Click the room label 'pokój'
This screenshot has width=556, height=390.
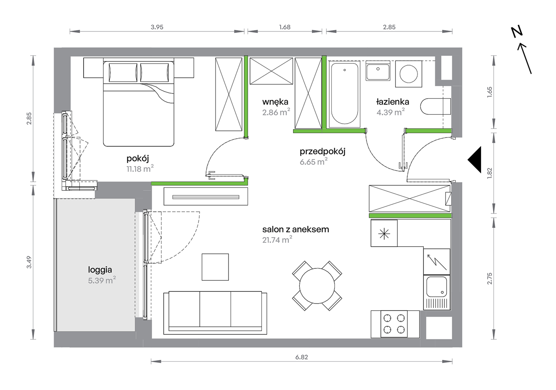138,159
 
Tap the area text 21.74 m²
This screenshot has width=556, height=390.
277,240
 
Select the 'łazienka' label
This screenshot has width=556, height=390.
392,102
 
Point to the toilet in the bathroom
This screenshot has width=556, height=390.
435,106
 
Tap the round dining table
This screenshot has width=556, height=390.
317,286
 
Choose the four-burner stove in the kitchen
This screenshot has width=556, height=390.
394,324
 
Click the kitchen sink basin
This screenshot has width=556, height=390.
437,287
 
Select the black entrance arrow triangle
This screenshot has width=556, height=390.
474,160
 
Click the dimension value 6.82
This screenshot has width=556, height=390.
301,357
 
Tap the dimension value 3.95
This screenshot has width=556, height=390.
157,27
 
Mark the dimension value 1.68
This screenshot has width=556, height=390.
285,27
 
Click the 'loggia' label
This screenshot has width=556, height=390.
100,270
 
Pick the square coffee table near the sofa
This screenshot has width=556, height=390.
215,267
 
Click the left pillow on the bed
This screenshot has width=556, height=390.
123,73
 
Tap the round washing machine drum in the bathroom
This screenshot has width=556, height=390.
409,74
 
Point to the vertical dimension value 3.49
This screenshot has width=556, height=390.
29,262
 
